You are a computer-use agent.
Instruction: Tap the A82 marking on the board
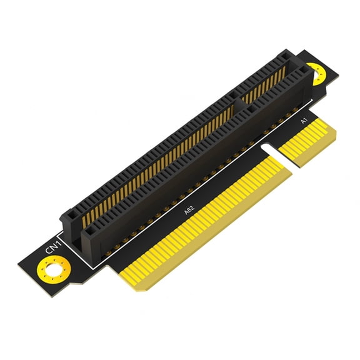click(x=189, y=211)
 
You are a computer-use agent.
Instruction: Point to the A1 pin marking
click(x=304, y=120)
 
